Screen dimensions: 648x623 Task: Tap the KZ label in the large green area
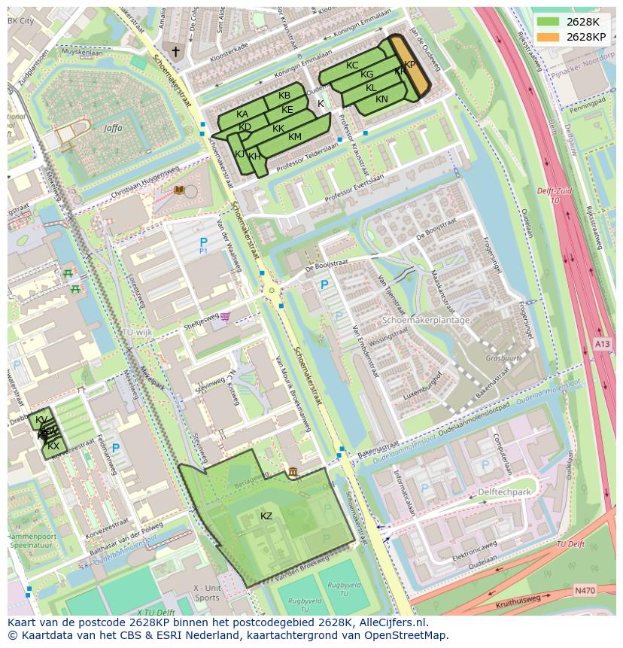tap(266, 516)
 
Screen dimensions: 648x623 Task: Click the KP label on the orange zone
tap(409, 65)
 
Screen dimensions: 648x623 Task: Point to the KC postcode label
tap(352, 65)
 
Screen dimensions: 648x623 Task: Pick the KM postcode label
tap(295, 136)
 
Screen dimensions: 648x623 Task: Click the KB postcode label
tap(284, 96)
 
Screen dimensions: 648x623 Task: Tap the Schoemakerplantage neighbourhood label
tap(426, 320)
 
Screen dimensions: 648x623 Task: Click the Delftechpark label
tap(504, 492)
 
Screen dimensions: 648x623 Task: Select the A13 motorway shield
tap(603, 344)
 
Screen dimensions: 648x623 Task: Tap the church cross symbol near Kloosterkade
tap(176, 52)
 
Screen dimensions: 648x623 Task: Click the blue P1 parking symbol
tap(203, 244)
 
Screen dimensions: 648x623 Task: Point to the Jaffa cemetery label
tap(113, 128)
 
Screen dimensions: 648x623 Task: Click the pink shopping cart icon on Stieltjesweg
tap(226, 316)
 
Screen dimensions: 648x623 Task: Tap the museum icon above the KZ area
tap(292, 472)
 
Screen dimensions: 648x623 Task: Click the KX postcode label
tap(53, 446)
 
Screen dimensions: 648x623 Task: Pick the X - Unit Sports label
tap(207, 592)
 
